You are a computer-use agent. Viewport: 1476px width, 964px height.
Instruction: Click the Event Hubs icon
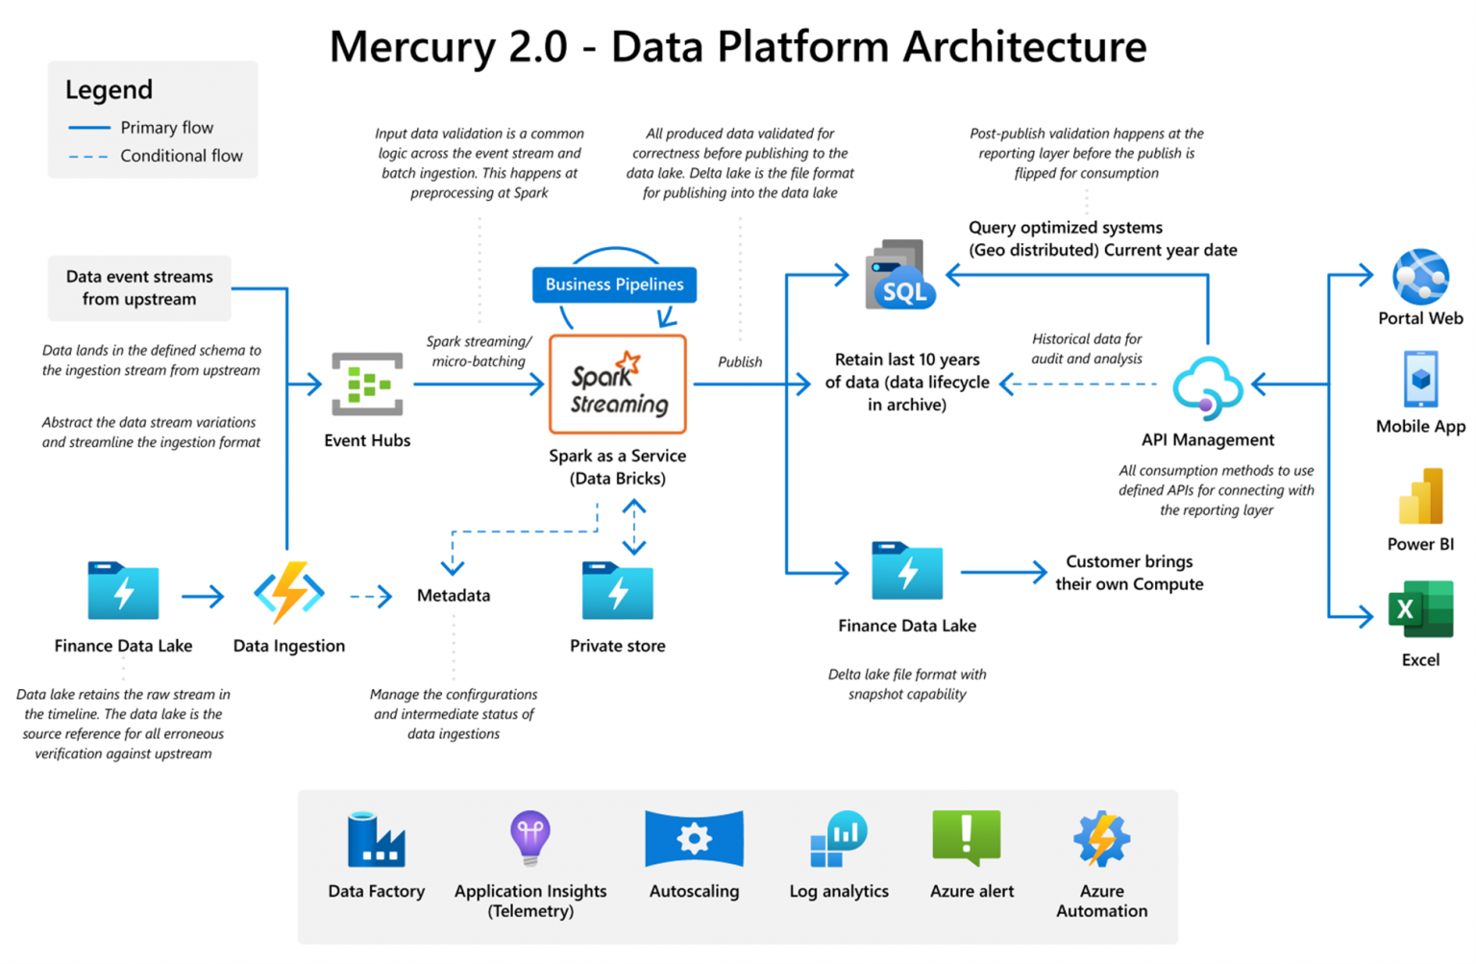click(367, 383)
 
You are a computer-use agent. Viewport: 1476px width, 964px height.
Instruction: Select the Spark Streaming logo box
click(617, 384)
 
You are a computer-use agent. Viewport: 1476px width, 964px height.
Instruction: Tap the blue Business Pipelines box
click(614, 284)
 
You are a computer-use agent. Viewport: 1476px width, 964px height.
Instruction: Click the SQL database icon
click(899, 276)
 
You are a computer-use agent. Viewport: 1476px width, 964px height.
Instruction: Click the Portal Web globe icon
click(1420, 277)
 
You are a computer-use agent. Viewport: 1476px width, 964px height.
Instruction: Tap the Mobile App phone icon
click(1420, 380)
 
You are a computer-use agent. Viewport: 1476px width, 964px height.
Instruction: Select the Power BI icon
click(1420, 496)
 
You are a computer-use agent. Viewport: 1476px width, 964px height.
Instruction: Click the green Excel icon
click(1420, 609)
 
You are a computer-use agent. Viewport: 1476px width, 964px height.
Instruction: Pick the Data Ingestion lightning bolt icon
click(289, 593)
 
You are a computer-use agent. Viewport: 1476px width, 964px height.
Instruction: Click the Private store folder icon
click(617, 591)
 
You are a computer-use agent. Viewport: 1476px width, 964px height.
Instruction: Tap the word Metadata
click(454, 596)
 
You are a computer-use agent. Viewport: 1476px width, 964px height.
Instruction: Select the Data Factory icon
click(376, 840)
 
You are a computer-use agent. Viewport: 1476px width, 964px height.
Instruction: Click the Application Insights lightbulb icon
click(530, 836)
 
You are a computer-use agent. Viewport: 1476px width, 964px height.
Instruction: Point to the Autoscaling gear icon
click(694, 839)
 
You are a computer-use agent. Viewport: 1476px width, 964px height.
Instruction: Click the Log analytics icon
click(838, 839)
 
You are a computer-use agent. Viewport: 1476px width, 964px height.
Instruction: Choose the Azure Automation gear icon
click(1101, 838)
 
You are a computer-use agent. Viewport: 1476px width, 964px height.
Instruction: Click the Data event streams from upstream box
click(139, 287)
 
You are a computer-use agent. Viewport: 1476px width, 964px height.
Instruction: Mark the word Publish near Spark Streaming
click(740, 362)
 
